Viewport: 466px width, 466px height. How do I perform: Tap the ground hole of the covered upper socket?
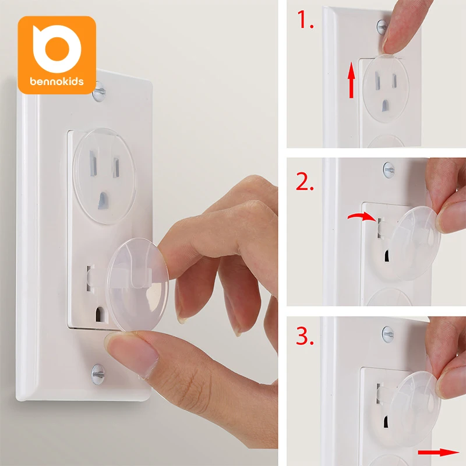(x=103, y=200)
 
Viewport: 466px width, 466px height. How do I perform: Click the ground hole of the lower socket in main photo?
(x=99, y=315)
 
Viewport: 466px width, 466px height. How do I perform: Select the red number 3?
(x=305, y=334)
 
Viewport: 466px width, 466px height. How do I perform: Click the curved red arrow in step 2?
(x=361, y=217)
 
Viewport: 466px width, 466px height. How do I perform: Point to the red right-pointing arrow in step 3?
(x=437, y=451)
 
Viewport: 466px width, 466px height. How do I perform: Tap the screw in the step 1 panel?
(x=381, y=26)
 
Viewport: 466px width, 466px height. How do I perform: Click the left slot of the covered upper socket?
(x=91, y=164)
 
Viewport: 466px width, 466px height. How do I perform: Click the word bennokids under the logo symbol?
(x=57, y=81)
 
